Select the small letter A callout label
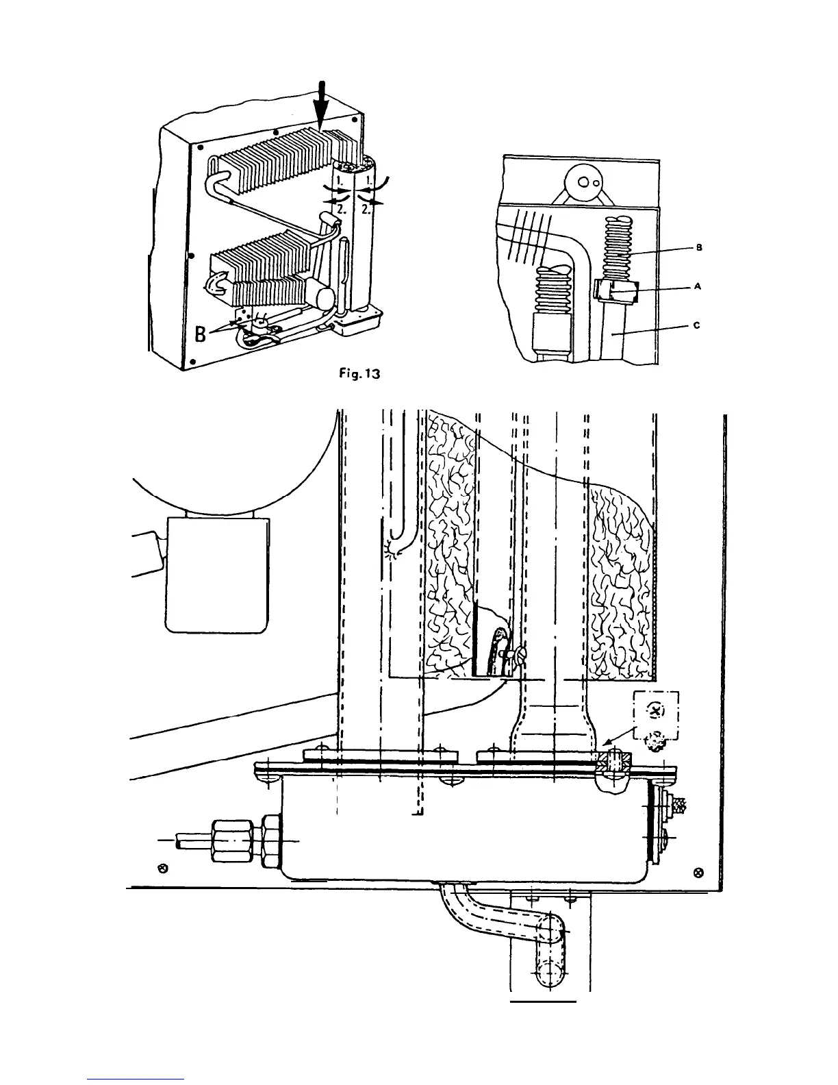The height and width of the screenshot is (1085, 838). [x=697, y=287]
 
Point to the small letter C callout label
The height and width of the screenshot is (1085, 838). [x=696, y=326]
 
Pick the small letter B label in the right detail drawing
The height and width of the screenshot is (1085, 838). [x=698, y=247]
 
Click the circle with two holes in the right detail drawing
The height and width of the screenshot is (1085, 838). [x=582, y=182]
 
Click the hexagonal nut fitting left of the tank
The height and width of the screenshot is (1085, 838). [x=233, y=840]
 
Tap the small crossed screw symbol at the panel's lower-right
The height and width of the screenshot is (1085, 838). [x=698, y=871]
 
